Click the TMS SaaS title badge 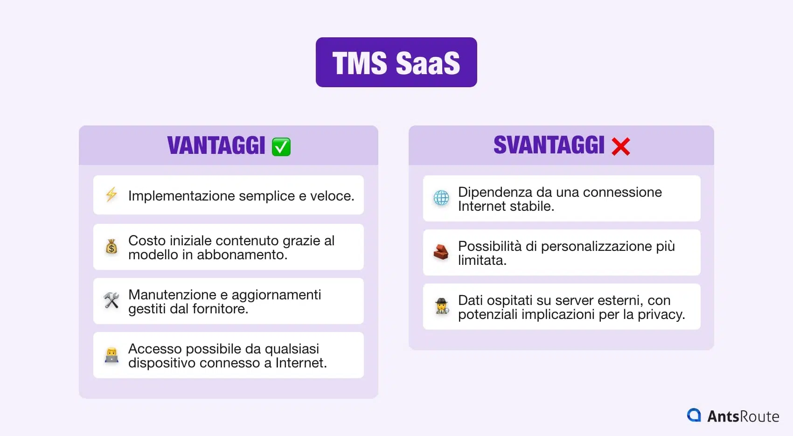[x=396, y=62]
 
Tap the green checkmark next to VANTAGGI [x=281, y=146]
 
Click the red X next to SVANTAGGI [x=620, y=146]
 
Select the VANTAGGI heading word [x=216, y=145]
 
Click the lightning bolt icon [x=111, y=195]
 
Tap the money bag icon [x=111, y=247]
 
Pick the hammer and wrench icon [x=111, y=301]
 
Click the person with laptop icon [x=111, y=355]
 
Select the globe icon [x=441, y=198]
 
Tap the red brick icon [x=441, y=252]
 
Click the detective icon [x=441, y=306]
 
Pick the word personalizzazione [x=596, y=246]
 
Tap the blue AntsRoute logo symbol [x=694, y=415]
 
